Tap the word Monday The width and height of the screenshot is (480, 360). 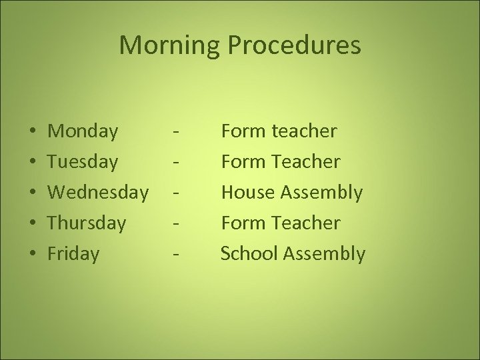(84, 131)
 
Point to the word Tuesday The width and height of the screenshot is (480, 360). (84, 162)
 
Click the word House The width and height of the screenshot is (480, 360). (247, 193)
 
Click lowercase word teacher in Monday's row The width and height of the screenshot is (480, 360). (305, 131)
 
